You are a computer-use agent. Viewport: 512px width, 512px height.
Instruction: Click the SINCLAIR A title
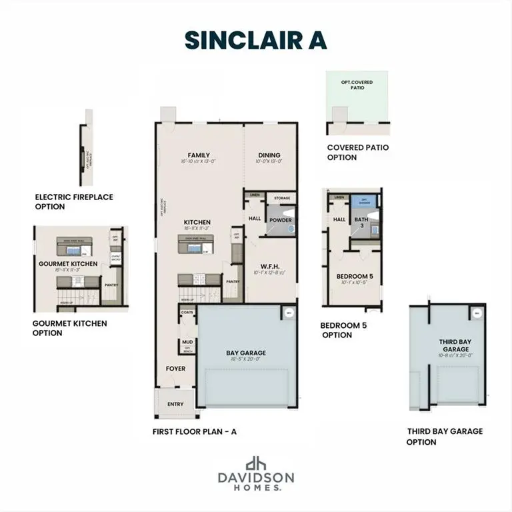click(x=256, y=39)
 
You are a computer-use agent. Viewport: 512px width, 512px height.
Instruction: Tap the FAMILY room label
click(x=198, y=155)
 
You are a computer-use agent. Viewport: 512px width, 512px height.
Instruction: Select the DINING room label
click(x=269, y=155)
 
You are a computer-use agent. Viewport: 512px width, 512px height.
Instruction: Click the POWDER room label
click(x=280, y=221)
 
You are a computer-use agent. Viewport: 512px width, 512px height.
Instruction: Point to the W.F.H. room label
click(x=270, y=265)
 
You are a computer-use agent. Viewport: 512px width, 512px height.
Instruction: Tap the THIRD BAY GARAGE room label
click(x=455, y=345)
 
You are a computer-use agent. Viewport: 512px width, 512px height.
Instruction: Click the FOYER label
click(x=175, y=369)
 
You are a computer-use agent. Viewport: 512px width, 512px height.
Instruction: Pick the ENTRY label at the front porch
click(x=175, y=404)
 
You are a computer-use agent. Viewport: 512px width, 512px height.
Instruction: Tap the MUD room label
click(x=187, y=343)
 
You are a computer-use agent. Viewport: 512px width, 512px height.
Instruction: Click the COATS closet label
click(x=187, y=311)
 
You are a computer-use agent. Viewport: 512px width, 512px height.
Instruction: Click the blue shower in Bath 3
click(x=364, y=201)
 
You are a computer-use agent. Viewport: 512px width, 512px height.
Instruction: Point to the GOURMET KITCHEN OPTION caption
click(x=69, y=328)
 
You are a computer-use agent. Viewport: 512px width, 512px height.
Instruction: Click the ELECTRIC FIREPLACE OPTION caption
click(x=74, y=201)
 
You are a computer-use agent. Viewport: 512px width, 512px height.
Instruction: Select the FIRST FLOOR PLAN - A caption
click(x=194, y=431)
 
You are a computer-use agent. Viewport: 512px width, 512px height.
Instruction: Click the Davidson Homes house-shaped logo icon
click(x=255, y=464)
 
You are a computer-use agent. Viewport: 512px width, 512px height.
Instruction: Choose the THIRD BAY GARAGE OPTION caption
click(x=445, y=436)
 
